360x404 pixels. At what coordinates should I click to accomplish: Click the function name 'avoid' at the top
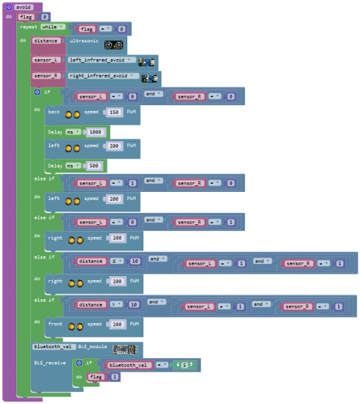pos(24,7)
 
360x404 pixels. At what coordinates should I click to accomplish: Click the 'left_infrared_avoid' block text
pos(102,60)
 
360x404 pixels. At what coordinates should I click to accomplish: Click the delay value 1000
pos(96,131)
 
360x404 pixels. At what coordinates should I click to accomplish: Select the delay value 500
pos(94,165)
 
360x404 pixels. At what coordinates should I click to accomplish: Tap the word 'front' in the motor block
pos(55,325)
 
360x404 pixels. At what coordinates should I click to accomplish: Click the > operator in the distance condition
pos(117,304)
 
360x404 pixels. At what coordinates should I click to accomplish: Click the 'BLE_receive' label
pos(50,362)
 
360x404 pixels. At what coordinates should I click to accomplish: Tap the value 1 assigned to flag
pos(115,377)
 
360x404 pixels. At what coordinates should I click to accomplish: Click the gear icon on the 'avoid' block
pos(9,7)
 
